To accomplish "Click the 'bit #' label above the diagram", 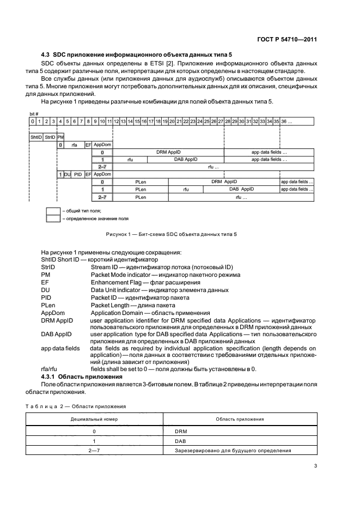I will (34, 113).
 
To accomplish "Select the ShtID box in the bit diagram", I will (36, 137).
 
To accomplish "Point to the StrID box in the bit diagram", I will (50, 137).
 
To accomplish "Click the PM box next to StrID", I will (60, 137).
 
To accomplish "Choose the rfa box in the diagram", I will (74, 145).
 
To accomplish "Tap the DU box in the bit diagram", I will (68, 174).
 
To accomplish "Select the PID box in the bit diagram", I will (78, 174).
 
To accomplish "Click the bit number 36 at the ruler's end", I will (286, 120).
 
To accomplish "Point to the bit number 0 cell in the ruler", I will (33, 120).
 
